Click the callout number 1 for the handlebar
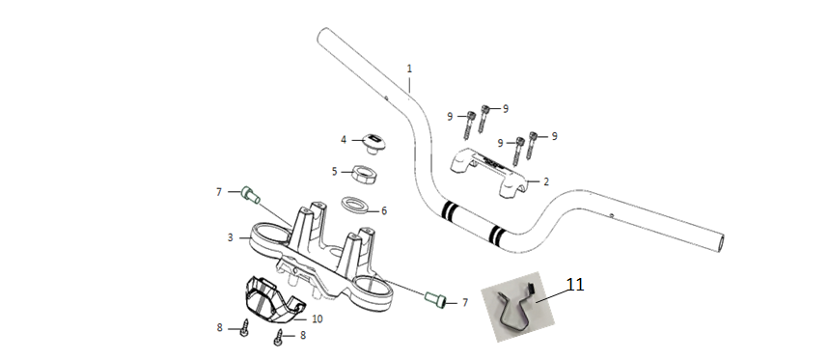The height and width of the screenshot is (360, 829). pos(409,69)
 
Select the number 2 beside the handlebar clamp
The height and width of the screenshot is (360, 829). pos(546,181)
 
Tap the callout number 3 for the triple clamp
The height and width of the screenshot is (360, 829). pos(230,237)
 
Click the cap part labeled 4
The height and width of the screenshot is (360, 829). pos(372,143)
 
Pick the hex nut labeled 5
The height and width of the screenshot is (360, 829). pos(364,174)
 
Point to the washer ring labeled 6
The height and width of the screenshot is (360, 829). pos(354,206)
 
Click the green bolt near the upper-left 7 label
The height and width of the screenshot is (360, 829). pos(251,195)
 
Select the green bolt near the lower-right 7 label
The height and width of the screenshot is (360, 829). pos(435,300)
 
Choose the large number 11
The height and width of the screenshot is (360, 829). pos(575,285)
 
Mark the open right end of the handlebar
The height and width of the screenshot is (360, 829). pos(719,244)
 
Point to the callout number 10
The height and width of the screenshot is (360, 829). pos(318,318)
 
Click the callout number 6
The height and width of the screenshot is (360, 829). pos(384,211)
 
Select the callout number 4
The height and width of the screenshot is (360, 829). pos(344,140)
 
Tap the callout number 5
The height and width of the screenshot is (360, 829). pos(334,171)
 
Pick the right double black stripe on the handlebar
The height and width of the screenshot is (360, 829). pos(497,235)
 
